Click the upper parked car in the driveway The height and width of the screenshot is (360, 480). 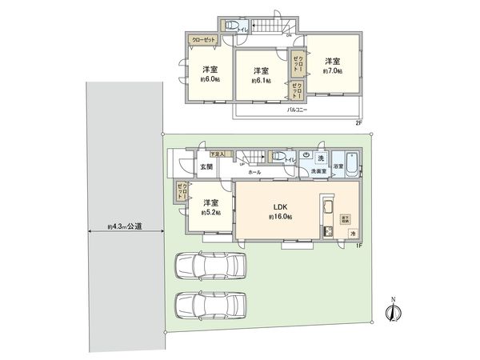tap(212, 266)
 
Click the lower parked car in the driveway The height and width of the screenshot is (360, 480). tap(212, 306)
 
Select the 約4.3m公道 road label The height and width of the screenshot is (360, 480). tap(125, 226)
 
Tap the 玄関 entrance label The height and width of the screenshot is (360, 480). tap(185, 169)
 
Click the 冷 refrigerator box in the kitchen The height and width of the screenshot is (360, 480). tap(353, 232)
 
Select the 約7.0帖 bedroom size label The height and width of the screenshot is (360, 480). tap(332, 71)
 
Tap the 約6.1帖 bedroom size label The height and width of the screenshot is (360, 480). tap(261, 81)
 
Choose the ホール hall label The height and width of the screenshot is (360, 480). tap(254, 172)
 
